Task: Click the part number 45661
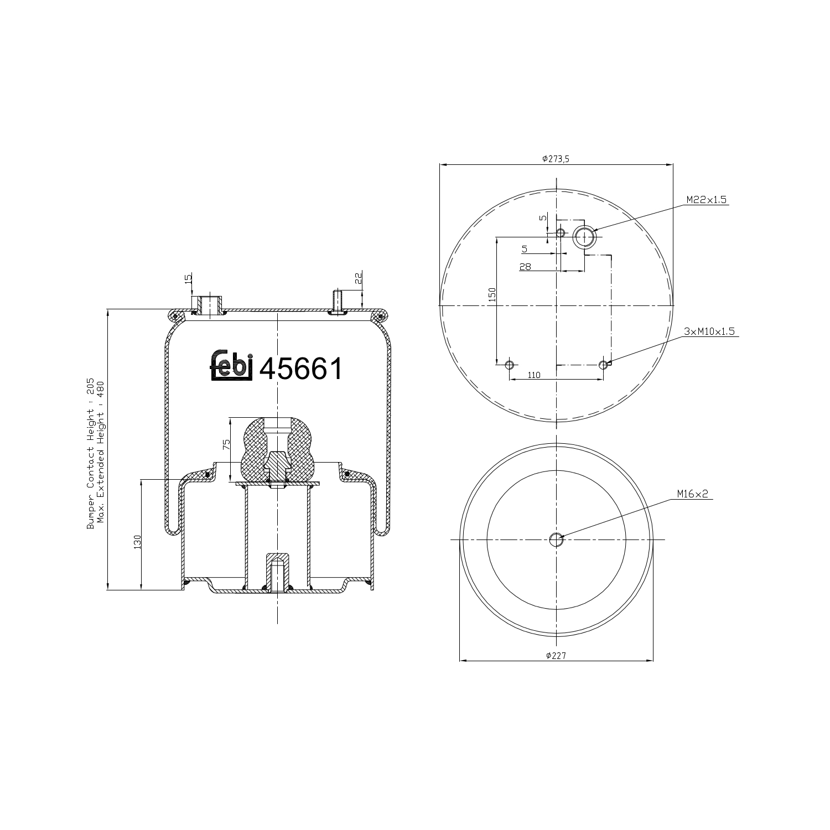301,369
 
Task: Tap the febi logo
231,366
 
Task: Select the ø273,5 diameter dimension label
556,158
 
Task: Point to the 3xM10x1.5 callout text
709,331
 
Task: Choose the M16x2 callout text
693,494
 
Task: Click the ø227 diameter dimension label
556,655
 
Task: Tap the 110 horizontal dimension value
533,375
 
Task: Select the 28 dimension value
525,267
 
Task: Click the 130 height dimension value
137,542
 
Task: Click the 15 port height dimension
188,278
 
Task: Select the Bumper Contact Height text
90,454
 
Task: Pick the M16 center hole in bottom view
556,539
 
